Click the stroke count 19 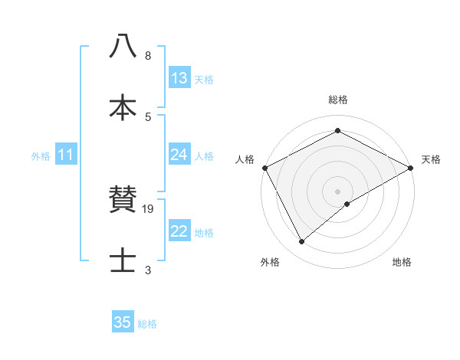coord(149,208)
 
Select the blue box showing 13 coord(179,78)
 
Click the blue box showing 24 coord(179,155)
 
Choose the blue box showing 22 coord(179,231)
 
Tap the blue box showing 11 coord(66,155)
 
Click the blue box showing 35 coord(123,322)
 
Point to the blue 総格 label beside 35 coord(147,323)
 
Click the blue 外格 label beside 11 coord(41,155)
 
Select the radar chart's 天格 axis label coord(431,159)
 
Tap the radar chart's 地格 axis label coord(402,263)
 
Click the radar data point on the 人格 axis coord(264,168)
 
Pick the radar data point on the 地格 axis coord(347,204)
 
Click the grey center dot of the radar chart coord(337,191)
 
